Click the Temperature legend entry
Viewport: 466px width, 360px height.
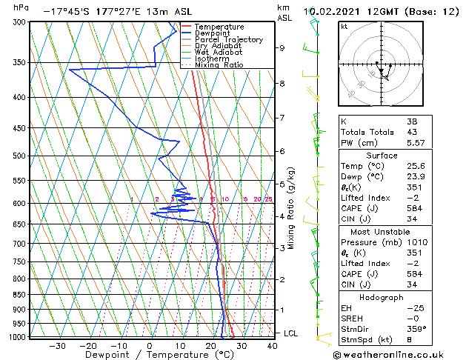pyautogui.click(x=219, y=27)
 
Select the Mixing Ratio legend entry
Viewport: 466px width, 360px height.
pyautogui.click(x=215, y=65)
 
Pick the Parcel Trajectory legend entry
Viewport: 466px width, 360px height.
pyautogui.click(x=228, y=39)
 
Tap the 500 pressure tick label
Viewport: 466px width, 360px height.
pyautogui.click(x=19, y=156)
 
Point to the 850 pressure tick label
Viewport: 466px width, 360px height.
pyautogui.click(x=19, y=295)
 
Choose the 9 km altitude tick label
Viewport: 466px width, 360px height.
pyautogui.click(x=282, y=48)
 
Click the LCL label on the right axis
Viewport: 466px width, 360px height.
pyautogui.click(x=291, y=333)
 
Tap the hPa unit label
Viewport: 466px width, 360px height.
pyautogui.click(x=21, y=8)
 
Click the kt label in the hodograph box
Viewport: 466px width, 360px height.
pyautogui.click(x=344, y=26)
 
